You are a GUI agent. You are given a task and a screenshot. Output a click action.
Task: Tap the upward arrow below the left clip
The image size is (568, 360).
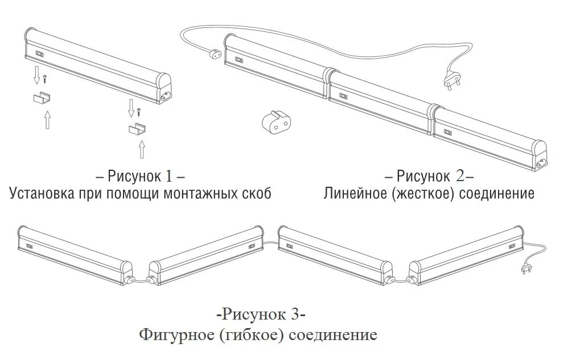[47, 120]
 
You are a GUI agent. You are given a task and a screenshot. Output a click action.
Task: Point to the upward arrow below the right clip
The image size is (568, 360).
[141, 149]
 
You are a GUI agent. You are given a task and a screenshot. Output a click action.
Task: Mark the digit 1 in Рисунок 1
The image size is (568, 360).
[172, 174]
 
